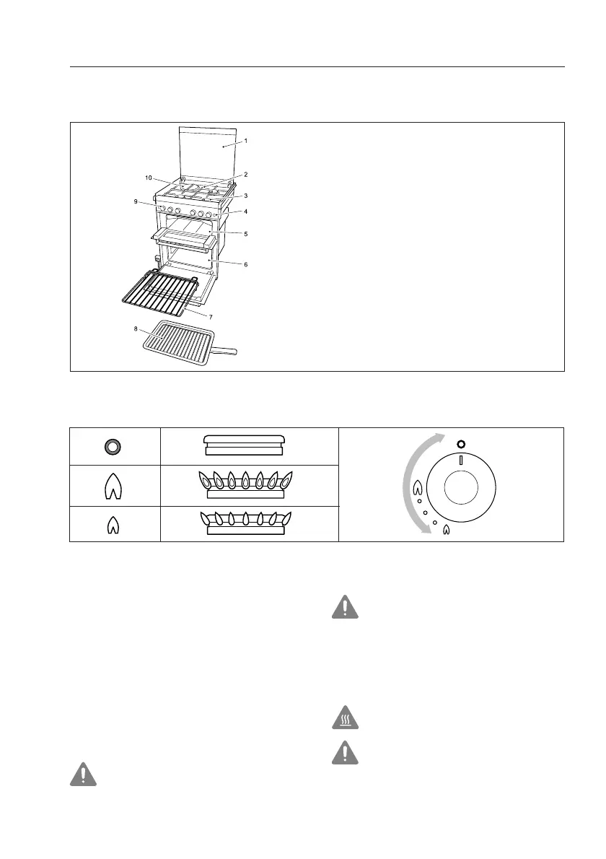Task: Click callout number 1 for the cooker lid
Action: point(245,141)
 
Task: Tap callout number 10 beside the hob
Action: point(149,177)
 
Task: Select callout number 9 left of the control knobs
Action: point(135,202)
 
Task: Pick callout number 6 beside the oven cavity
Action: point(245,265)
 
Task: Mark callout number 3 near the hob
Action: point(245,196)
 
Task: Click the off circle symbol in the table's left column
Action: point(114,445)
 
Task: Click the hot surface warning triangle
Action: point(346,719)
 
